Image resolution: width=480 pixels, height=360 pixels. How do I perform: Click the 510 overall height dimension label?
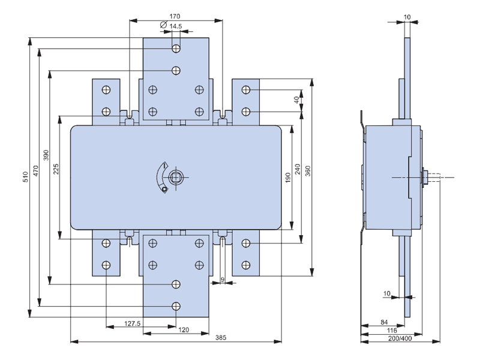pyautogui.click(x=26, y=177)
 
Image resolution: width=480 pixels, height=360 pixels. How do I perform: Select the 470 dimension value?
pyautogui.click(x=36, y=171)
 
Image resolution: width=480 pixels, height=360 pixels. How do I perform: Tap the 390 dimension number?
pyautogui.click(x=46, y=155)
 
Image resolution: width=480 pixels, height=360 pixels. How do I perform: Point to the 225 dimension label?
pyautogui.click(x=56, y=169)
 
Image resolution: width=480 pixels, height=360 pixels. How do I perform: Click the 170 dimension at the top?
pyautogui.click(x=175, y=16)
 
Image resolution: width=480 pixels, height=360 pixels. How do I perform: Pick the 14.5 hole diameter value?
pyautogui.click(x=175, y=26)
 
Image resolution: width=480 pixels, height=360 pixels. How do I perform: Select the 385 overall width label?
pyautogui.click(x=221, y=338)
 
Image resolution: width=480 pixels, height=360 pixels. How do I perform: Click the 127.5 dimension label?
pyautogui.click(x=132, y=323)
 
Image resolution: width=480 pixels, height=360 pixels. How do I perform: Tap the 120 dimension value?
pyautogui.click(x=184, y=330)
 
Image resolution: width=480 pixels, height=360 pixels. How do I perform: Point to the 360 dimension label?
pyautogui.click(x=308, y=171)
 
